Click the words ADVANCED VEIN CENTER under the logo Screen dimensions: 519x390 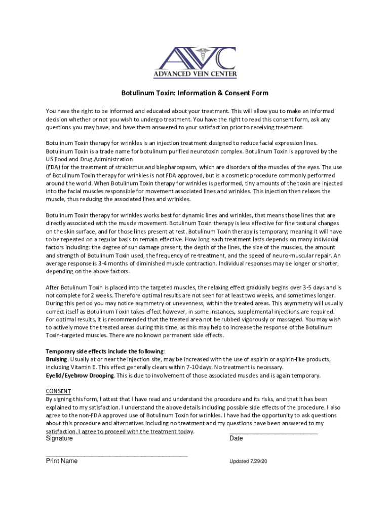(195, 74)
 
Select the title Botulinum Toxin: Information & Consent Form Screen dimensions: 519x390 (194, 93)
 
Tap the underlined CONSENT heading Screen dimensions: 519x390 (58, 391)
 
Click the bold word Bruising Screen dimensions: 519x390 (56, 359)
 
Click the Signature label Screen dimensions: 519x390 (59, 438)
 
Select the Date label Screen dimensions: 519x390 (236, 438)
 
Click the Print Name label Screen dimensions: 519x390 (62, 461)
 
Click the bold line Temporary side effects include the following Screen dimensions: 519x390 (105, 351)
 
